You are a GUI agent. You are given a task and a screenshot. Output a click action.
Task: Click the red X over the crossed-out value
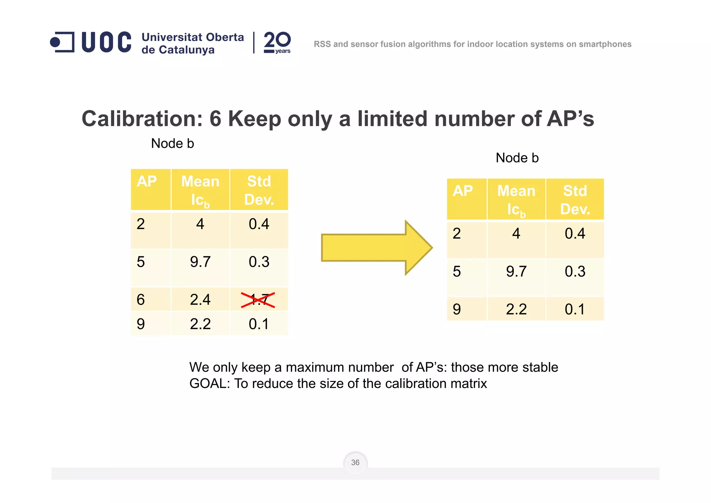258,300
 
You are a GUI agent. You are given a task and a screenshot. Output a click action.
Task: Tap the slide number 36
355,462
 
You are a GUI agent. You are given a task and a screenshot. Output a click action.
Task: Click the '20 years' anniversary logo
277,42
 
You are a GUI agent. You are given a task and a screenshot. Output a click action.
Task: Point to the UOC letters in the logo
106,42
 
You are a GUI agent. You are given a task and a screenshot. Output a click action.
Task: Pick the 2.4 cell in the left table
200,300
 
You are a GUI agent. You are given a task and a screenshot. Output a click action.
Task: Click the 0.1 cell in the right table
575,309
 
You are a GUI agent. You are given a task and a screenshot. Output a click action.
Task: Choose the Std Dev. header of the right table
575,200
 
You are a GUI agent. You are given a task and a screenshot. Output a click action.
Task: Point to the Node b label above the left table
173,144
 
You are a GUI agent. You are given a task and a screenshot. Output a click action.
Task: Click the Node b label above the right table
517,158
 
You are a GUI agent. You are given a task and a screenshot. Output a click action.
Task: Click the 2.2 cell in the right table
516,309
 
